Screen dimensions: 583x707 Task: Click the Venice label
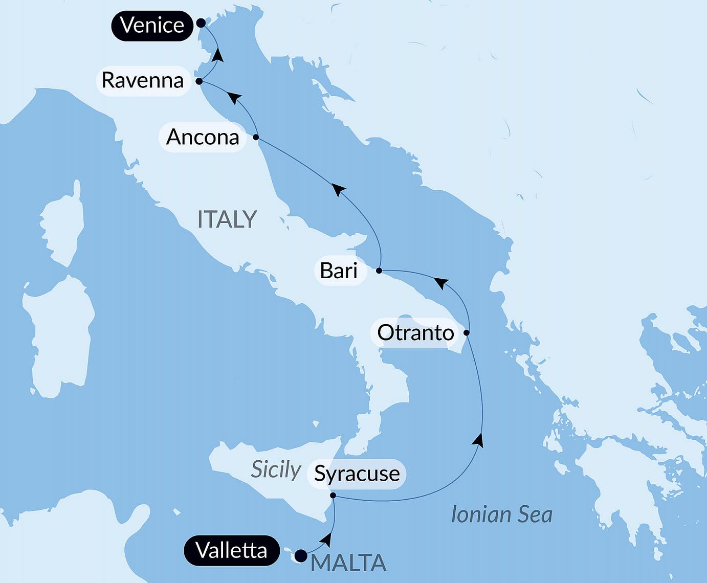[x=152, y=25]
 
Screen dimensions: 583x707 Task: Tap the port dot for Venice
[x=201, y=23]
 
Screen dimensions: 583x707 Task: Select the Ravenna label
[x=143, y=80]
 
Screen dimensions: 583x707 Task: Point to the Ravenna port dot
[x=199, y=81]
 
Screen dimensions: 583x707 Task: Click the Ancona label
[x=203, y=137]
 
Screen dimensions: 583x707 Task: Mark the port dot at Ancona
[x=256, y=137]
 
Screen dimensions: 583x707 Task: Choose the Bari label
[x=339, y=271]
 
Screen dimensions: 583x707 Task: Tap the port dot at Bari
[x=379, y=271]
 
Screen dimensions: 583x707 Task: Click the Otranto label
[x=415, y=333]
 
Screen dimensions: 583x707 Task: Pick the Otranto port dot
[x=467, y=333]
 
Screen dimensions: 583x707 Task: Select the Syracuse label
[x=357, y=474]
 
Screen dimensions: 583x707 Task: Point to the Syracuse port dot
[x=333, y=496]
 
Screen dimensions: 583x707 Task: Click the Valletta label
[x=231, y=551]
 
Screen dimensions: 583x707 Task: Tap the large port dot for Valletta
[x=301, y=555]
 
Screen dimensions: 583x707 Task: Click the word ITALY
[x=227, y=219]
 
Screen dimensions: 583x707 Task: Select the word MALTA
[x=348, y=563]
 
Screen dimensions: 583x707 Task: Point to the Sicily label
[x=276, y=469]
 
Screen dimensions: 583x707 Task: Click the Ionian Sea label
[x=501, y=514]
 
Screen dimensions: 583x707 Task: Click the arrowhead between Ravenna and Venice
[x=218, y=54]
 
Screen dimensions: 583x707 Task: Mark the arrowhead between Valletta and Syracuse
[x=327, y=539]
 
